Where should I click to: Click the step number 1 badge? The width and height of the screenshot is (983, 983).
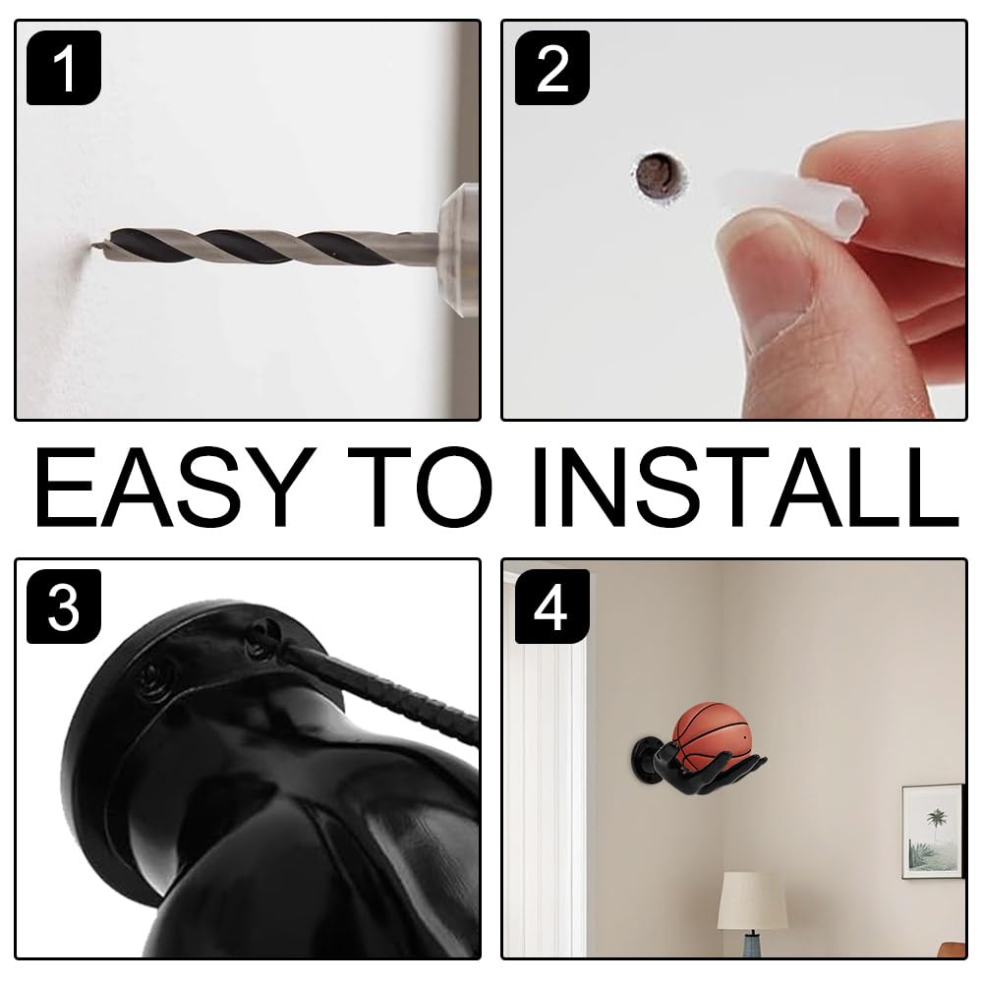pos(63,68)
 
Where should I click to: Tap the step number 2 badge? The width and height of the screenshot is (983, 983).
pos(551,68)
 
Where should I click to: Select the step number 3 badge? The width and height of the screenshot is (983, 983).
pos(63,607)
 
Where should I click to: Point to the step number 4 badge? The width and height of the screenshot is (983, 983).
pos(551,607)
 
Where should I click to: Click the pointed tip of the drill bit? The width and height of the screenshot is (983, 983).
pos(91,246)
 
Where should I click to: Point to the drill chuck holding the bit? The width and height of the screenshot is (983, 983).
pos(458,251)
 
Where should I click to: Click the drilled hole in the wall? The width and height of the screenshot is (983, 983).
pos(658,176)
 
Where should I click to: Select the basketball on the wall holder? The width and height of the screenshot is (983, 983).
pos(711,735)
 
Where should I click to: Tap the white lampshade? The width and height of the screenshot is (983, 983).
pos(752,900)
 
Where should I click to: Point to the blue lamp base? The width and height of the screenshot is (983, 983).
pos(752,944)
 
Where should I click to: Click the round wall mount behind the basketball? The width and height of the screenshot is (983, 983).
pos(646,764)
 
